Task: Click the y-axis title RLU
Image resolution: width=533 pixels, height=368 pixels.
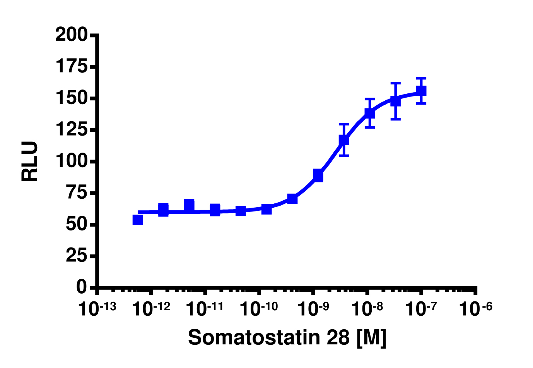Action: tap(30, 161)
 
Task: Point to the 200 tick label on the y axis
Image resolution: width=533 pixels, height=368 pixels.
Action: tap(72, 35)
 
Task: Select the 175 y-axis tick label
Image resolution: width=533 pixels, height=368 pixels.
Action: tap(72, 67)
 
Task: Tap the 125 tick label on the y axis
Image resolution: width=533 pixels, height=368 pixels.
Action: tap(72, 130)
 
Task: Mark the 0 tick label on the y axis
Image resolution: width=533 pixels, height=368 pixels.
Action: tap(82, 287)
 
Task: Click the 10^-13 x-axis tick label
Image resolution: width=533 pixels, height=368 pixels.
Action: tap(97, 309)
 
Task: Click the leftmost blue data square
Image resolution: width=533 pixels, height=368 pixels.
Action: tap(138, 220)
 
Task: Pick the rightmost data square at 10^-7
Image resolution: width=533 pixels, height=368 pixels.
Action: tap(421, 91)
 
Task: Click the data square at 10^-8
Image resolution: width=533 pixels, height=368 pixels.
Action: tap(370, 113)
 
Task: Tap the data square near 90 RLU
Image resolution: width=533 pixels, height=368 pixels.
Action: tap(318, 175)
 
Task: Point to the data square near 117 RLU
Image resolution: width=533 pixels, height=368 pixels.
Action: tap(344, 140)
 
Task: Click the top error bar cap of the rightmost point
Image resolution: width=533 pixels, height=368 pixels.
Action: tap(421, 78)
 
